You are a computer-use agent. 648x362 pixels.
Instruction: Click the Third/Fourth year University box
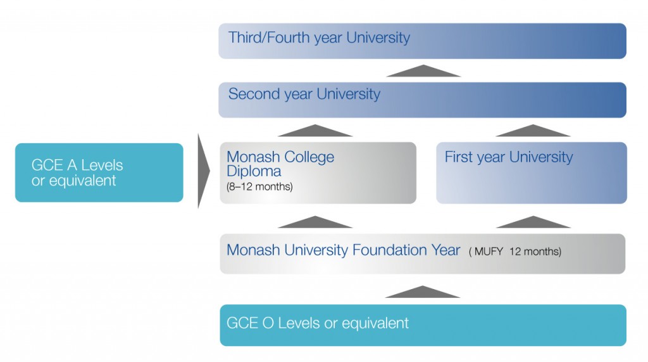pyautogui.click(x=422, y=41)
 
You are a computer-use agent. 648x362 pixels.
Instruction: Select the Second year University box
pyautogui.click(x=422, y=100)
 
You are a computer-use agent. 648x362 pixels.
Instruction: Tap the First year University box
pyautogui.click(x=532, y=172)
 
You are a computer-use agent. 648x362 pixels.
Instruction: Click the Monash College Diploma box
pyautogui.click(x=318, y=172)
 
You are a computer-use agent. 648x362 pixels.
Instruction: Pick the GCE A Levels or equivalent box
pyautogui.click(x=99, y=172)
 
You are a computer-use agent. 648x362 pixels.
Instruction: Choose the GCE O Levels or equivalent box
pyautogui.click(x=423, y=325)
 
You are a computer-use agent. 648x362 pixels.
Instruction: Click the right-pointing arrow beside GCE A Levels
pyautogui.click(x=203, y=171)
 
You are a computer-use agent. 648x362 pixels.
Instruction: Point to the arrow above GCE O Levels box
pyautogui.click(x=422, y=292)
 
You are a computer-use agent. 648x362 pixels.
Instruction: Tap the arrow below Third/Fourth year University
pyautogui.click(x=423, y=71)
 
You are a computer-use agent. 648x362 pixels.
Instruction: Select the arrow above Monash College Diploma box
pyautogui.click(x=315, y=131)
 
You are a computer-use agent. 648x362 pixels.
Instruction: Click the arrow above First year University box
pyautogui.click(x=533, y=131)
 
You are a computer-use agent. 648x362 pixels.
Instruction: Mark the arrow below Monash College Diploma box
pyautogui.click(x=315, y=222)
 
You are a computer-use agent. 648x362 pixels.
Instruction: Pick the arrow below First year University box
pyautogui.click(x=533, y=222)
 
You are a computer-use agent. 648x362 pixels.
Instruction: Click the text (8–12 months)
pyautogui.click(x=259, y=187)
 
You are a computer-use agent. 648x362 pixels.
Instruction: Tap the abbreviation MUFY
pyautogui.click(x=489, y=252)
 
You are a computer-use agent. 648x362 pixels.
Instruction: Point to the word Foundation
pyautogui.click(x=390, y=250)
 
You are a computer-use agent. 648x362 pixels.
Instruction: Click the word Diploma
pyautogui.click(x=254, y=171)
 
